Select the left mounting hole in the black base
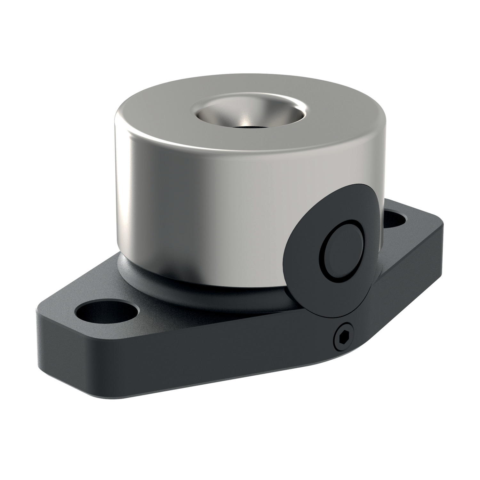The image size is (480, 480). [x=108, y=310]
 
